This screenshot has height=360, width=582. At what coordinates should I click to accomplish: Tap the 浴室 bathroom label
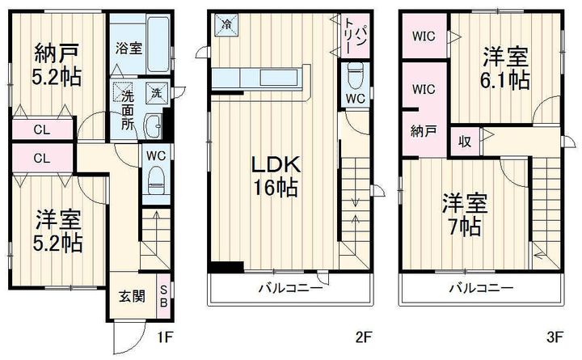coord(129,48)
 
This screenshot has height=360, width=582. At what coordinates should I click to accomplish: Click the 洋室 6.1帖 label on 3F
coord(507,69)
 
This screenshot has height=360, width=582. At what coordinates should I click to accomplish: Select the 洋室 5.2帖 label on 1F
coord(59,231)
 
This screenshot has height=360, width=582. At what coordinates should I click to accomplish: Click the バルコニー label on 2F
coord(291,288)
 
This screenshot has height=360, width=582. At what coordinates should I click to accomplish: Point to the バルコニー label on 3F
coord(481,288)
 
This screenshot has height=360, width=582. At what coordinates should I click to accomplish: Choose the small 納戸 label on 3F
coord(419,130)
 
